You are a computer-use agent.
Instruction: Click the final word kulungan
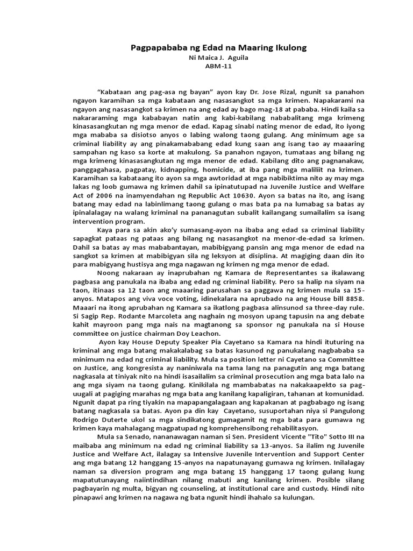coord(295,498)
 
